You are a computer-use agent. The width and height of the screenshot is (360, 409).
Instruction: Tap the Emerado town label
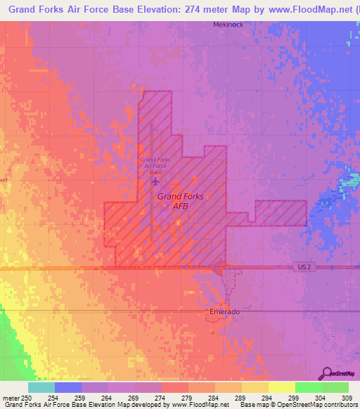pyautogui.click(x=225, y=311)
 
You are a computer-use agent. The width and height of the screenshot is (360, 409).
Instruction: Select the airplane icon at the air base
pyautogui.click(x=155, y=181)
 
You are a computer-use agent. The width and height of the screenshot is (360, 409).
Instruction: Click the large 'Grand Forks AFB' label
pyautogui.click(x=181, y=201)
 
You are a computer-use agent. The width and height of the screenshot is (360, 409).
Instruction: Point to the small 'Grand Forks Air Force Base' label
pyautogui.click(x=155, y=166)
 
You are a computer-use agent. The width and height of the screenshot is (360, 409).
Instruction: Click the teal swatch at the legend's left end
pyautogui.click(x=41, y=387)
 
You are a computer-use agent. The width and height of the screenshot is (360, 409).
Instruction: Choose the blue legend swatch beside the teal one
pyautogui.click(x=67, y=387)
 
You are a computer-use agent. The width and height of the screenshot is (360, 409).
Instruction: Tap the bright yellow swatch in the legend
pyautogui.click(x=281, y=387)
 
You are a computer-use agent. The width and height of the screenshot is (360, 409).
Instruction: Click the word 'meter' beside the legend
pyautogui.click(x=11, y=398)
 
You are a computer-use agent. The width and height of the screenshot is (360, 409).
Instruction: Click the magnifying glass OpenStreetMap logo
pyautogui.click(x=327, y=374)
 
